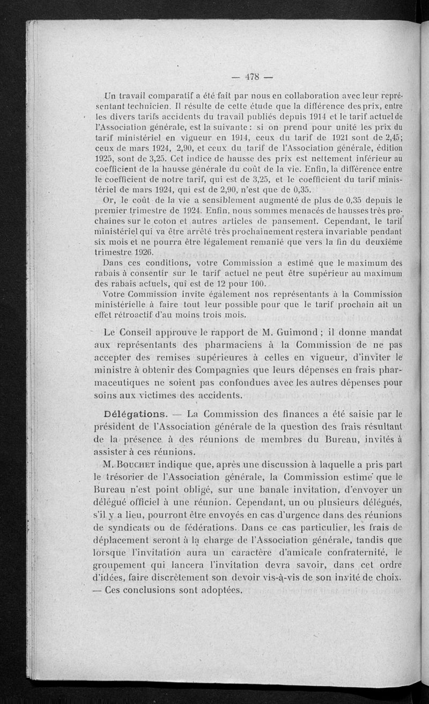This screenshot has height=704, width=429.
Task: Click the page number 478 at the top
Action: [x=252, y=76]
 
